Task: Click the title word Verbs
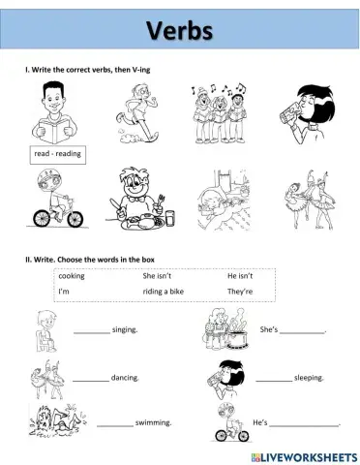[x=179, y=32]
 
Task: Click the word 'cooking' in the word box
[x=72, y=275]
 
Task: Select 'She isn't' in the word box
[x=157, y=275]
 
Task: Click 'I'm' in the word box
[x=64, y=291]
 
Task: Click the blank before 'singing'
[x=92, y=331]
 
